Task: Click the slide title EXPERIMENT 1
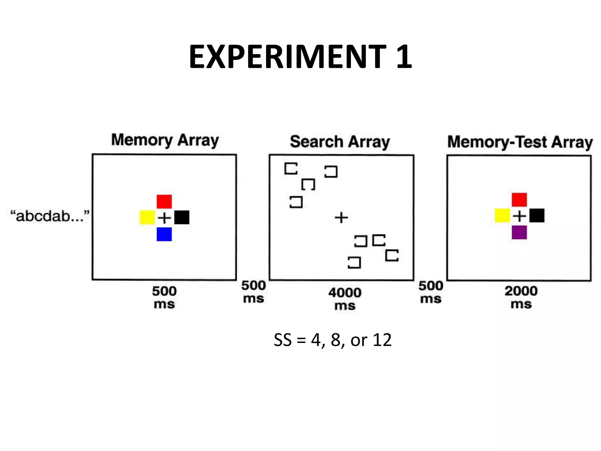click(300, 56)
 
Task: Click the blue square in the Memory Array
click(164, 234)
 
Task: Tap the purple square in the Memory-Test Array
click(519, 232)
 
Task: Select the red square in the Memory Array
click(164, 201)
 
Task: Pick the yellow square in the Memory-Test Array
click(502, 216)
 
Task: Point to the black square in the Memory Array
click(182, 218)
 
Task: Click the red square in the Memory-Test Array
click(519, 200)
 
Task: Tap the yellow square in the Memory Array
click(147, 218)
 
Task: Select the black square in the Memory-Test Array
click(537, 216)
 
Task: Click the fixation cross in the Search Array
click(341, 218)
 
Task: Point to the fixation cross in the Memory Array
click(164, 218)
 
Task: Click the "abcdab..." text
click(49, 216)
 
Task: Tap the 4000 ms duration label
click(345, 299)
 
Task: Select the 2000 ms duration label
click(521, 297)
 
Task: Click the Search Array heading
click(340, 142)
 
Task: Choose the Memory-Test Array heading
click(520, 142)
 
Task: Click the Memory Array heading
click(165, 140)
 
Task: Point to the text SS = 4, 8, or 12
click(332, 340)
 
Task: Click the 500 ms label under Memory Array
click(164, 297)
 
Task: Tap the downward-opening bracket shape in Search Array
click(308, 184)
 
